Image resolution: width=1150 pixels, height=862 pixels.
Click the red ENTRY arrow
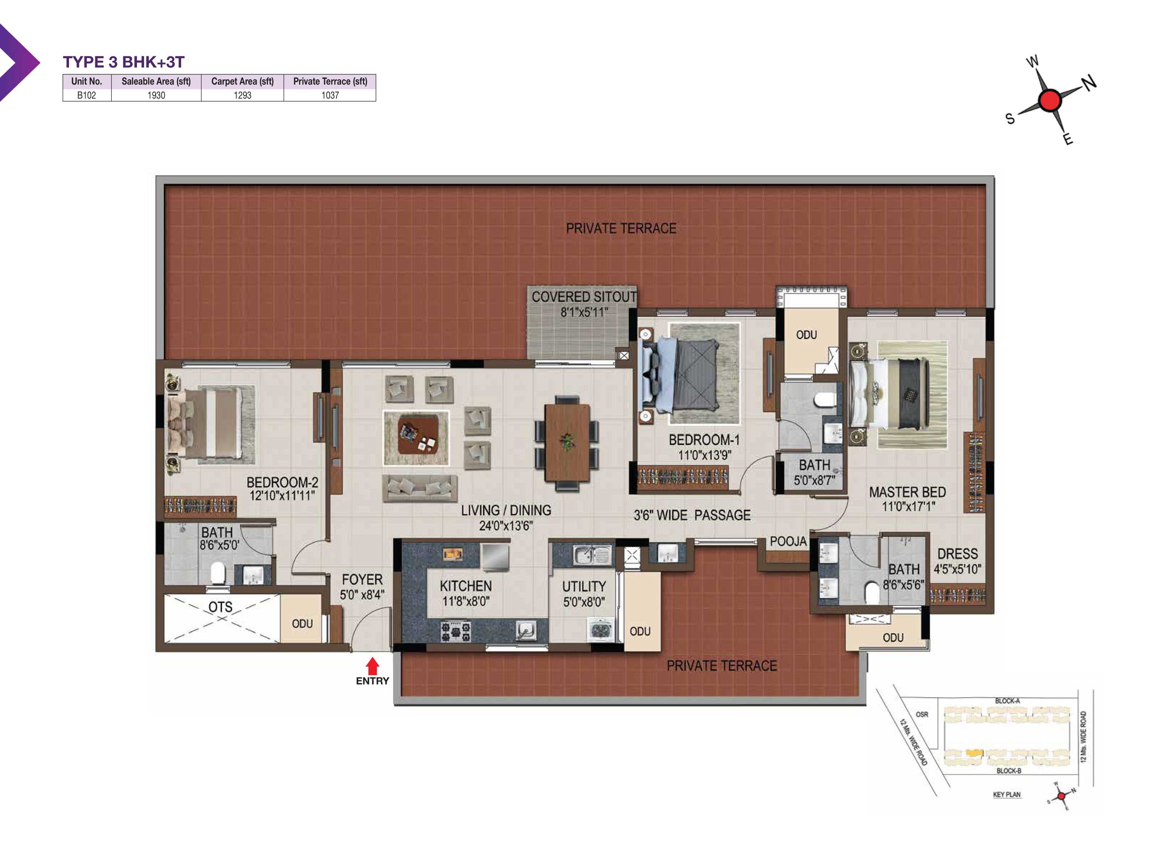[372, 666]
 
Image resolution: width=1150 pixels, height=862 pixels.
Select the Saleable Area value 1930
[156, 95]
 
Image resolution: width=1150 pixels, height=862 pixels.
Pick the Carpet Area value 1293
[242, 95]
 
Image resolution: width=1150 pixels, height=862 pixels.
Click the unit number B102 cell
[86, 95]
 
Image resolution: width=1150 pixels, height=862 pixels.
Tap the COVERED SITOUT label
[584, 297]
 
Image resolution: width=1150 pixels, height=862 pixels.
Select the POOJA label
[788, 541]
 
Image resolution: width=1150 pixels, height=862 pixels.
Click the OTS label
[220, 607]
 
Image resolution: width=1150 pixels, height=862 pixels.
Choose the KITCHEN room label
[466, 586]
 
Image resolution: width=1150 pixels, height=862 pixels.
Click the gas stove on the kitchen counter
[455, 631]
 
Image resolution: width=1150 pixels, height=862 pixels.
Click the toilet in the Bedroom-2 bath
[218, 573]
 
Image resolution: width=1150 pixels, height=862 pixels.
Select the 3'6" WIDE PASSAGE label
[692, 515]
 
